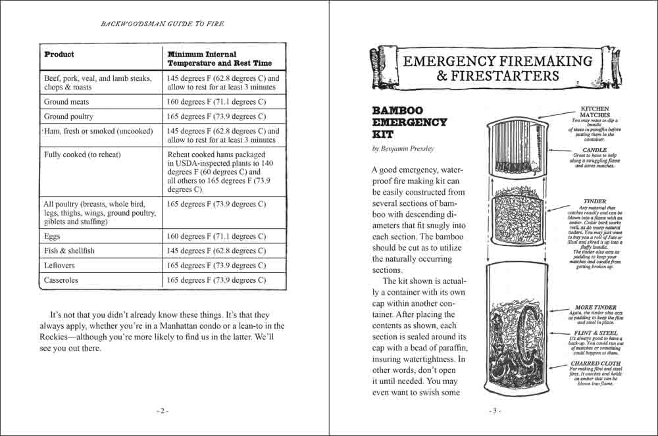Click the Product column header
tap(59, 55)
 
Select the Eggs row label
tap(52, 236)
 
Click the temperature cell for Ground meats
tap(216, 102)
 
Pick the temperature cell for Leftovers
tap(216, 266)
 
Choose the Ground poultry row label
tap(68, 116)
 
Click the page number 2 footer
tap(163, 411)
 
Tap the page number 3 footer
tap(495, 411)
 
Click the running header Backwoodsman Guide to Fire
tap(163, 24)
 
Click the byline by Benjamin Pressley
tap(403, 149)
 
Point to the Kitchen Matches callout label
tap(595, 112)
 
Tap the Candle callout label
tap(595, 150)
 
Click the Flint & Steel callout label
tap(595, 334)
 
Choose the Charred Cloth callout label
tap(594, 363)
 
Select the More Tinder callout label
tap(595, 308)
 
